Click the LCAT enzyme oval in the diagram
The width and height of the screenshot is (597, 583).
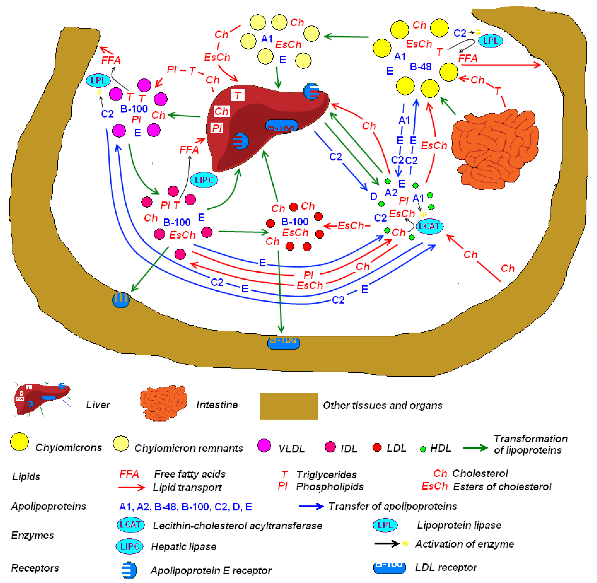coord(429,226)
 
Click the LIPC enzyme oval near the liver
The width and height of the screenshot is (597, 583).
coord(204,180)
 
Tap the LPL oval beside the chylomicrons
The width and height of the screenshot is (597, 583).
coord(490,41)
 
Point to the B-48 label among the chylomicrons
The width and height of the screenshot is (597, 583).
coord(420,66)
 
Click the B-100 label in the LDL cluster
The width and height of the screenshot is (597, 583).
coord(294,221)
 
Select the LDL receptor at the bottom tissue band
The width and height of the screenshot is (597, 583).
coord(283,343)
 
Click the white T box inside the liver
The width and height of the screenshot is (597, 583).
coord(238,95)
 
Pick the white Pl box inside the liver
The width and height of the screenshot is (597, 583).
coord(217,128)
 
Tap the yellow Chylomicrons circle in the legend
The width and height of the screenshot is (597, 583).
coord(19,441)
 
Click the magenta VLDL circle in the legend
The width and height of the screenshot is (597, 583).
coord(264,445)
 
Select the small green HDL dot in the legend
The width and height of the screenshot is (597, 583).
coord(423,449)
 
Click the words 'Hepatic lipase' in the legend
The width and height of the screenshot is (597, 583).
coord(184,546)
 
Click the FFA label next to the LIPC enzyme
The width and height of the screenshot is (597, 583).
coord(189,150)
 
